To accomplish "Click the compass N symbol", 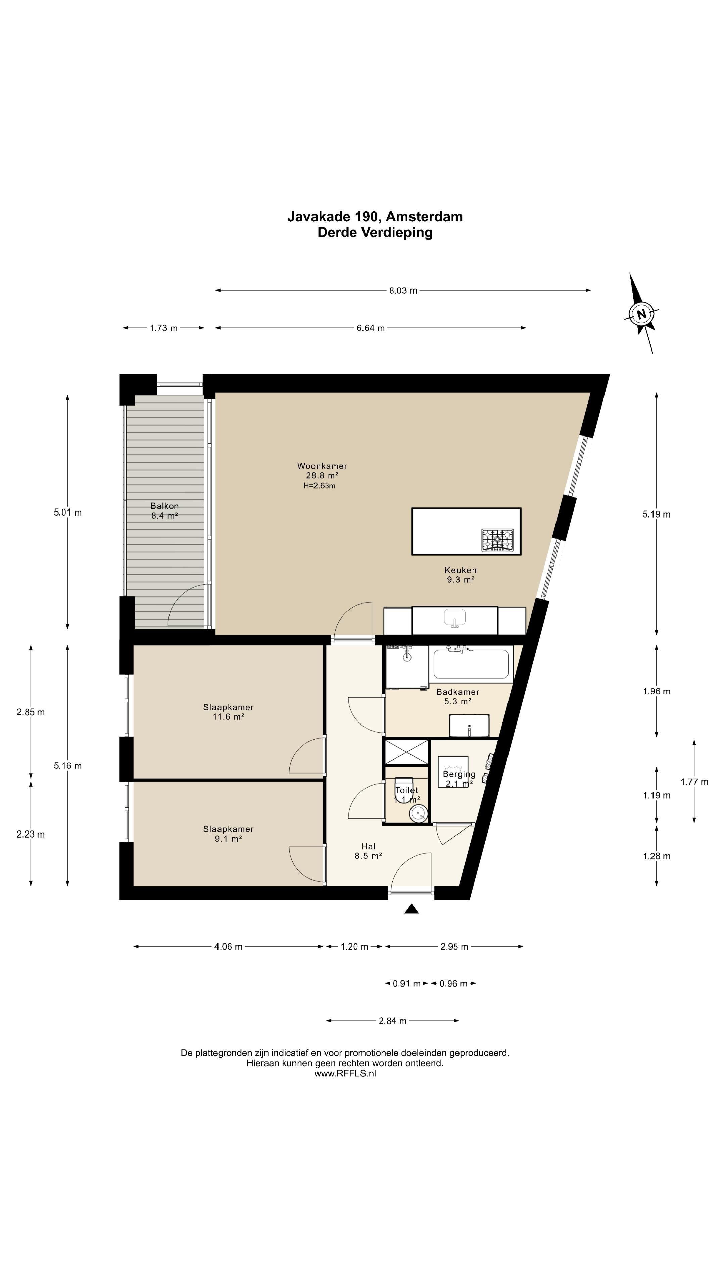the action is coord(641,314).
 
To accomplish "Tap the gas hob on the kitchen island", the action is coord(497,540).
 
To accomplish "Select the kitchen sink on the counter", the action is coord(454,618).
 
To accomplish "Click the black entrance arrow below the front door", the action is coord(411,909).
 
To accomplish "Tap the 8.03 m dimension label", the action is coord(403,290).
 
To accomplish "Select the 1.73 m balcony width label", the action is coord(163,328).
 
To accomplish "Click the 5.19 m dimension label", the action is coord(657,514).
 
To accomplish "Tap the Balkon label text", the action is coord(164,506).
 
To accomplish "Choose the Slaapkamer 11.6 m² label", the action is coord(228,712).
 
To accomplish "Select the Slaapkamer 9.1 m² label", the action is coord(228,834).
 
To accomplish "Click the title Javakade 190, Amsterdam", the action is coord(375,216).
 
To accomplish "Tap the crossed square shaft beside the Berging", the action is coord(406,751).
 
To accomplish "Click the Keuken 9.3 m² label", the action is coord(460,575).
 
